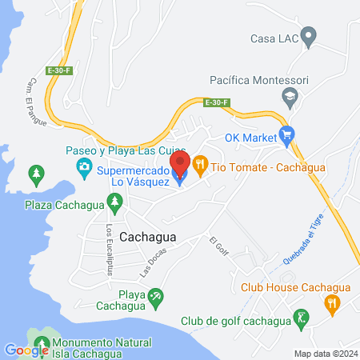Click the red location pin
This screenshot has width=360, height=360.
click(x=180, y=164)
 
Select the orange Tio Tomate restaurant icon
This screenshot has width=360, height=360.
click(x=200, y=166)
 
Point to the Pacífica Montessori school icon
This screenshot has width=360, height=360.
click(x=290, y=97)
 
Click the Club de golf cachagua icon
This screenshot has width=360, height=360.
click(x=301, y=318)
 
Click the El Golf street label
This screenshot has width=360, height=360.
click(x=218, y=246)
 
